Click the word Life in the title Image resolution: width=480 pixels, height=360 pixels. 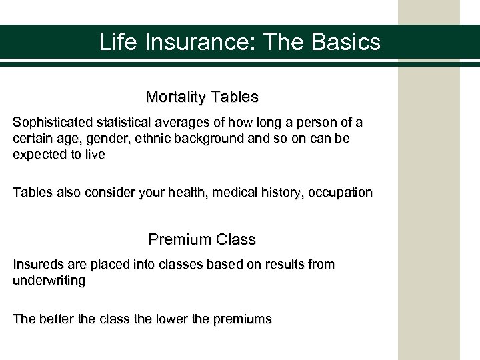pyautogui.click(x=114, y=43)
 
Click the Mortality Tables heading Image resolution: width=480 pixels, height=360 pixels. pyautogui.click(x=202, y=97)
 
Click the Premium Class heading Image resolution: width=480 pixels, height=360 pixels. pyautogui.click(x=202, y=239)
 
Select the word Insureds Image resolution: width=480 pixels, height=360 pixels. pyautogui.click(x=37, y=265)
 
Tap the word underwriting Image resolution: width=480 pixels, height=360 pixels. pyautogui.click(x=49, y=281)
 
